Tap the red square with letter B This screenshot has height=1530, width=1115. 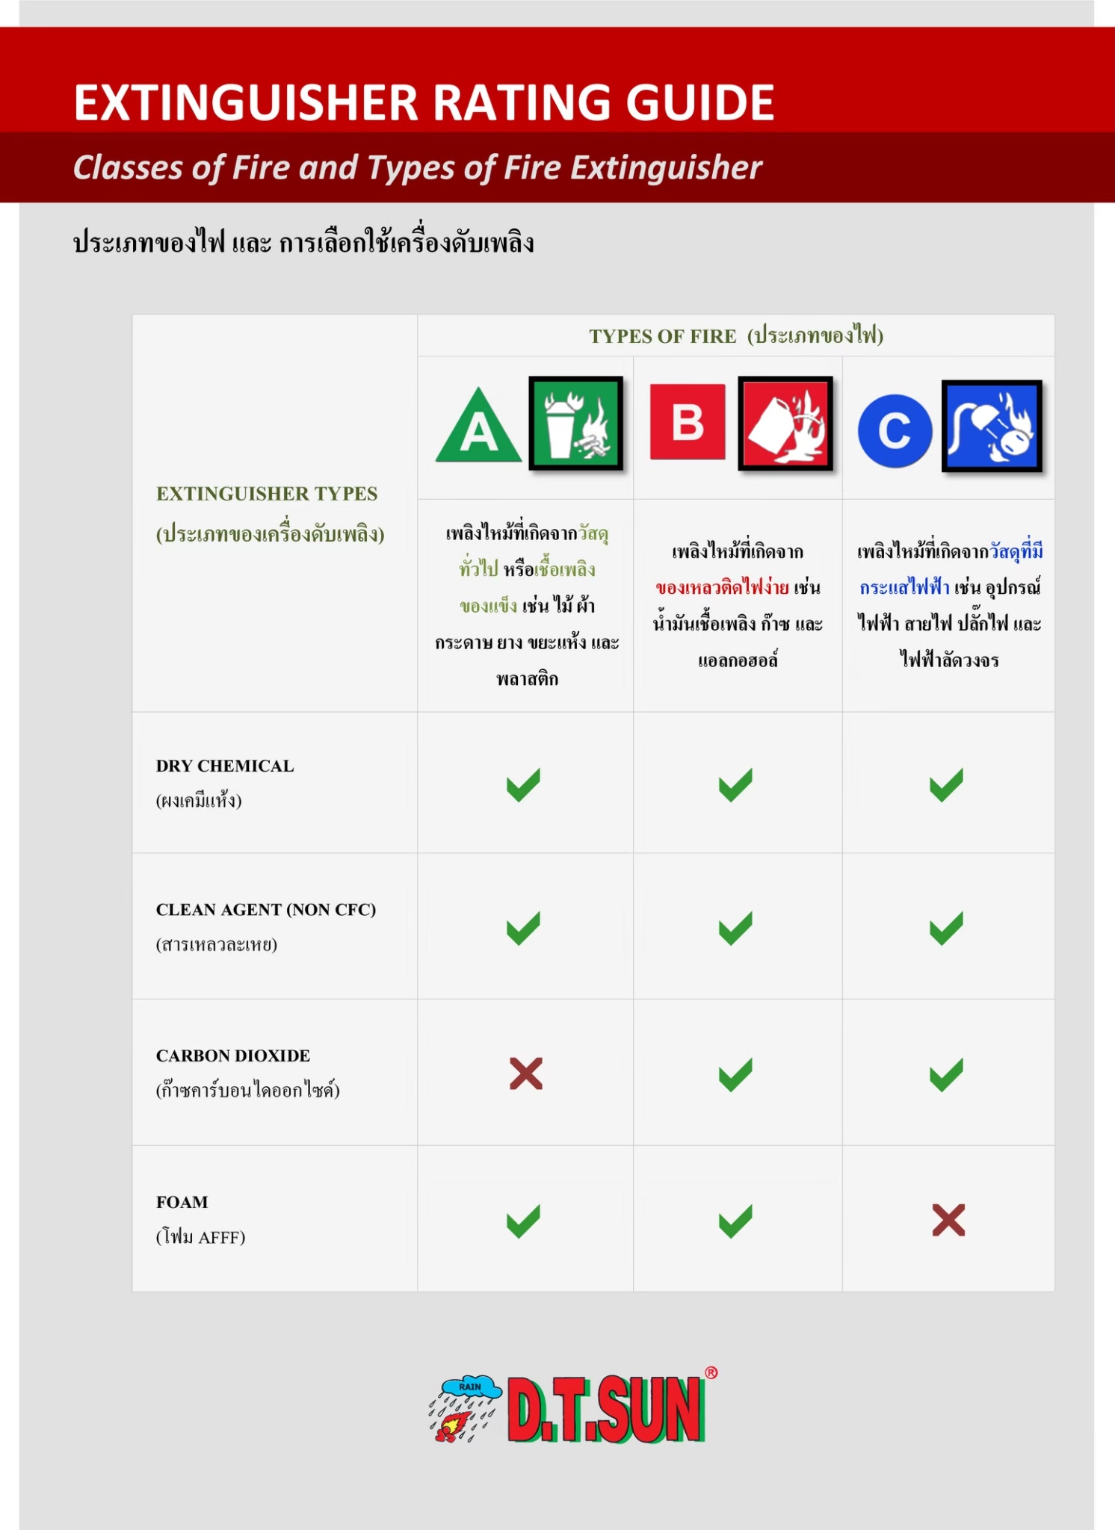[688, 422]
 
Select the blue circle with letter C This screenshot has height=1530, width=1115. [895, 431]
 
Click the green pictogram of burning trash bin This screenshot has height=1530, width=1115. [575, 424]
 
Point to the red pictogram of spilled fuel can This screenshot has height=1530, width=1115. [785, 424]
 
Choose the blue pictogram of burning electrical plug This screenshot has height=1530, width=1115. [992, 426]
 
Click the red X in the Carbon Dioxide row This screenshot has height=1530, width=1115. [525, 1074]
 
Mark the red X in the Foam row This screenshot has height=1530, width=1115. [948, 1220]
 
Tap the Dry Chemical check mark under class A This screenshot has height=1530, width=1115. [523, 784]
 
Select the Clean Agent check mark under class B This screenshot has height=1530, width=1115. [735, 929]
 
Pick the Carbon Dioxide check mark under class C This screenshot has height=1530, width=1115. [946, 1074]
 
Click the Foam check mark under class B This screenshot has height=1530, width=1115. [735, 1221]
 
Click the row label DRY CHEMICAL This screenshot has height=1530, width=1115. [225, 766]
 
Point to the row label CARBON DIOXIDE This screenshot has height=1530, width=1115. [232, 1056]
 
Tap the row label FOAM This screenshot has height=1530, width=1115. [182, 1202]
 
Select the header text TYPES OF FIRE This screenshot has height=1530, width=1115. [662, 336]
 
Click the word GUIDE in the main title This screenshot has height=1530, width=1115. [699, 102]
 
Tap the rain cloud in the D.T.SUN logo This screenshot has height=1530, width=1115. [470, 1387]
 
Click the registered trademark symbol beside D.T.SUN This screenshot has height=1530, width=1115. [711, 1372]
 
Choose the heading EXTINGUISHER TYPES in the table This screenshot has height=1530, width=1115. [267, 494]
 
